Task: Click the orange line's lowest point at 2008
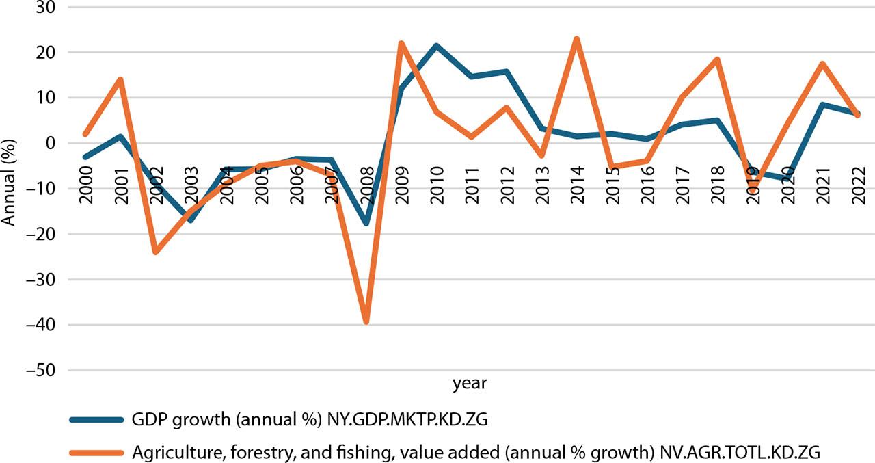point(366,321)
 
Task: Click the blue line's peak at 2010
point(436,46)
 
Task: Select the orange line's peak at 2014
point(577,39)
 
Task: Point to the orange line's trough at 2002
point(156,252)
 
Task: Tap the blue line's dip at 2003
point(191,220)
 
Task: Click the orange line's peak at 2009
point(401,43)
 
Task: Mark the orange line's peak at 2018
point(717,59)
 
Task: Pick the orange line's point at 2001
point(120,79)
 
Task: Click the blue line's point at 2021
point(822,105)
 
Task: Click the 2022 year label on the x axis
point(857,183)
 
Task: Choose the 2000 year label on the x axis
point(85,183)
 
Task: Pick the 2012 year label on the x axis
point(507,183)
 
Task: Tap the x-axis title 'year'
point(470,384)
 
